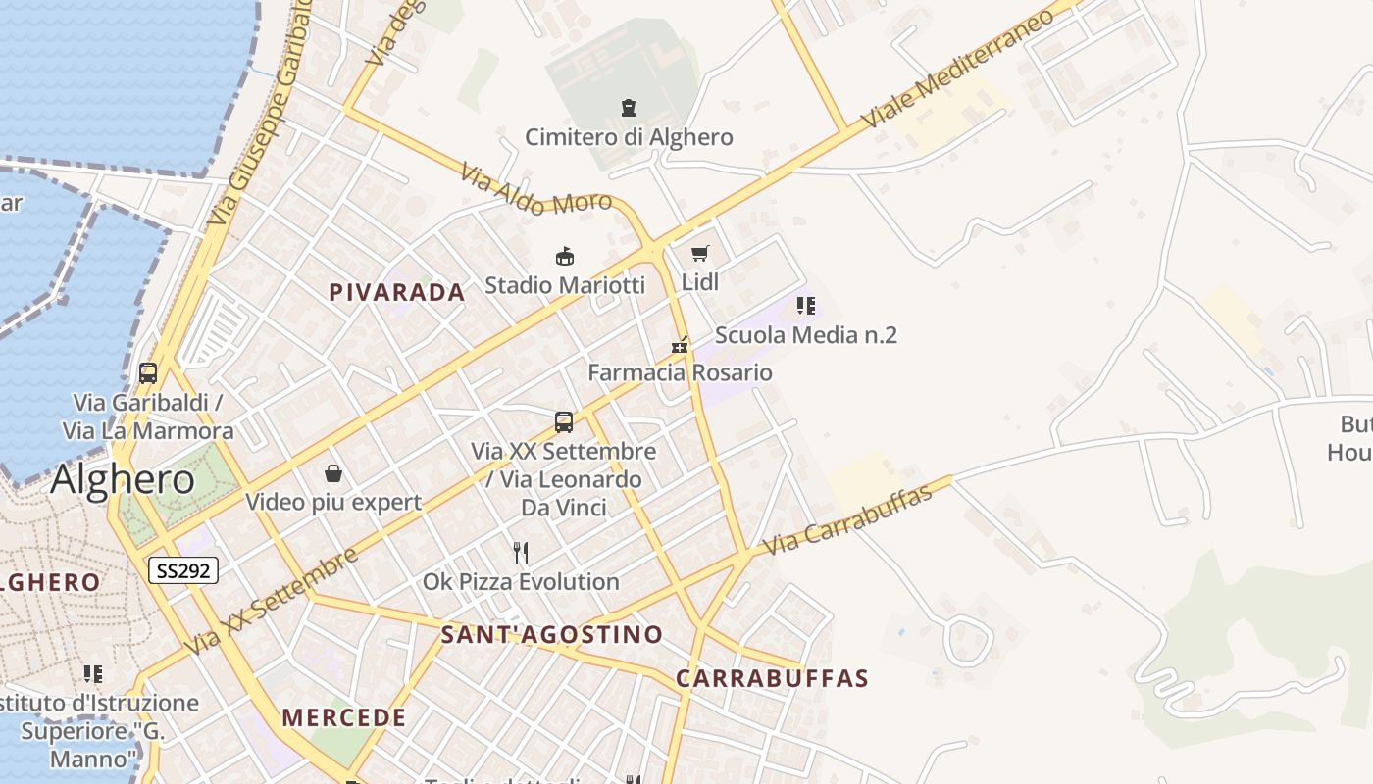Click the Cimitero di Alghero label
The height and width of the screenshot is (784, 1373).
click(629, 136)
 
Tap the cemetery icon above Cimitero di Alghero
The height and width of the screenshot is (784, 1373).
click(629, 107)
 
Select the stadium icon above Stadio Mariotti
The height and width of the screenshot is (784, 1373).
click(565, 257)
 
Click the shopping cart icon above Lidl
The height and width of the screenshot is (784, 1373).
click(699, 254)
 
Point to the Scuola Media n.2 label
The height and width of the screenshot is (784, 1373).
click(805, 335)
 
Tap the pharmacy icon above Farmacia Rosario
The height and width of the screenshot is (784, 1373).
click(680, 345)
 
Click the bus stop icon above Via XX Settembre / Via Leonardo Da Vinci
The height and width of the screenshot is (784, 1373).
click(564, 422)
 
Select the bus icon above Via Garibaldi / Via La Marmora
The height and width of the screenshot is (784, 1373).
click(148, 373)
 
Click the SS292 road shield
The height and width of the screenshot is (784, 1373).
click(183, 570)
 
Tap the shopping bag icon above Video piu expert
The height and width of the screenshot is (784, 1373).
click(333, 474)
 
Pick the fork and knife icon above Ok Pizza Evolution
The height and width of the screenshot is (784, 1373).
click(521, 553)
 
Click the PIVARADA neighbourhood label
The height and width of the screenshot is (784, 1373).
click(396, 292)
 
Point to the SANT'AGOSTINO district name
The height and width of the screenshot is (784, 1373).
click(551, 634)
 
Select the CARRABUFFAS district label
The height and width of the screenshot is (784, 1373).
click(772, 678)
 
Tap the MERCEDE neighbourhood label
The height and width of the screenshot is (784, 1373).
click(343, 717)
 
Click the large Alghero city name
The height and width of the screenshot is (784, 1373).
click(123, 479)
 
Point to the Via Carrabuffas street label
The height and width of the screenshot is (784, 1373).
click(847, 519)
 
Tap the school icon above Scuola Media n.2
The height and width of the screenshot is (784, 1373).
click(805, 306)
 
